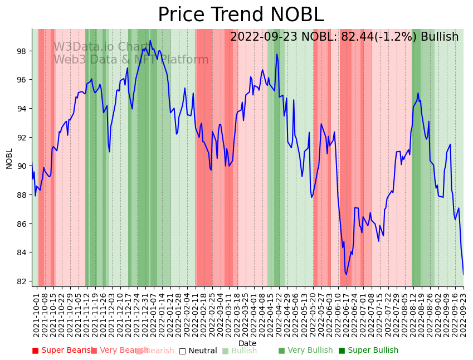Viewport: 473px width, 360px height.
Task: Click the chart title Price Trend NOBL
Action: pos(240,15)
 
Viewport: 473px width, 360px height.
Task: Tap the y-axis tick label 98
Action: pos(21,51)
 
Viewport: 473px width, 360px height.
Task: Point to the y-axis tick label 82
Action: pos(21,281)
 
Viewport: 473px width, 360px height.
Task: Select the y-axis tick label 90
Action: pos(21,166)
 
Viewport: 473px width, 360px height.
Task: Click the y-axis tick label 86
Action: pos(21,224)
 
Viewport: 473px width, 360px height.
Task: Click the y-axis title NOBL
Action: pos(9,158)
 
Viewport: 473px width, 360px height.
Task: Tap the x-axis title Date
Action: pos(247,344)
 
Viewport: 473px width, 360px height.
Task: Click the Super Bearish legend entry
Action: pos(62,351)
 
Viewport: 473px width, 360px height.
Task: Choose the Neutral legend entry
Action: pos(198,351)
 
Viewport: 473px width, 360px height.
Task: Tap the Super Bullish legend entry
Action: pos(368,351)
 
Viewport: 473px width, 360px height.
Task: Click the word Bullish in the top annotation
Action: pos(440,37)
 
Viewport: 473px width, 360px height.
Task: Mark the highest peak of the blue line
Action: pos(150,40)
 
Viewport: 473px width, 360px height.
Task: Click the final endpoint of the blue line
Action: pos(463,274)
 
